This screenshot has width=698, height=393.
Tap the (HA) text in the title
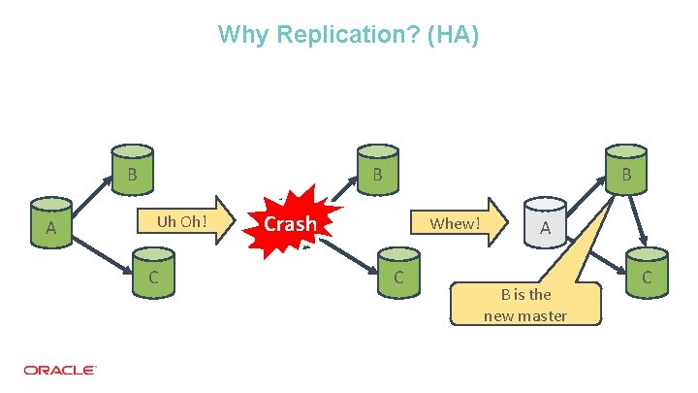click(455, 36)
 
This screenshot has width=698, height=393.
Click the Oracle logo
click(59, 370)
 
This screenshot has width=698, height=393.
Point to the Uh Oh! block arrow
click(184, 221)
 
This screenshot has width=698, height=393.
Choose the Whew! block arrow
click(457, 223)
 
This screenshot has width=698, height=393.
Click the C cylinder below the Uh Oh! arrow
click(154, 275)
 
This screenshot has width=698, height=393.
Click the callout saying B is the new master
click(524, 305)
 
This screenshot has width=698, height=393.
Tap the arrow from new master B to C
click(639, 218)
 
